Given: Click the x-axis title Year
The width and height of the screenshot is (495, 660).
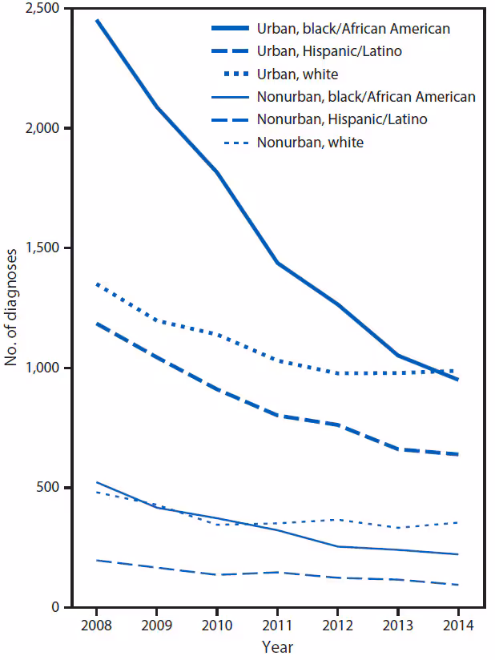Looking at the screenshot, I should [x=277, y=646].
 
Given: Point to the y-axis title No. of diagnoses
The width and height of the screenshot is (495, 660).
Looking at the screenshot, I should [x=12, y=308].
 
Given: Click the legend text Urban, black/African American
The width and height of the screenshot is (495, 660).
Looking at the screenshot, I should [x=353, y=29].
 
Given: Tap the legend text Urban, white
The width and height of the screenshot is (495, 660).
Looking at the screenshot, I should [x=297, y=74].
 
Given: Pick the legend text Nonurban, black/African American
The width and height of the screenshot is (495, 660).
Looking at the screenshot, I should [x=366, y=97].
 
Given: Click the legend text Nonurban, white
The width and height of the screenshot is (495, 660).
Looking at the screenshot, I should [x=310, y=143].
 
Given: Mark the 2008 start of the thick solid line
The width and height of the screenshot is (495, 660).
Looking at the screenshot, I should [x=97, y=20].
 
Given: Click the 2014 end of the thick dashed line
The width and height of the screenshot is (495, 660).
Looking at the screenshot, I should [x=457, y=454].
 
